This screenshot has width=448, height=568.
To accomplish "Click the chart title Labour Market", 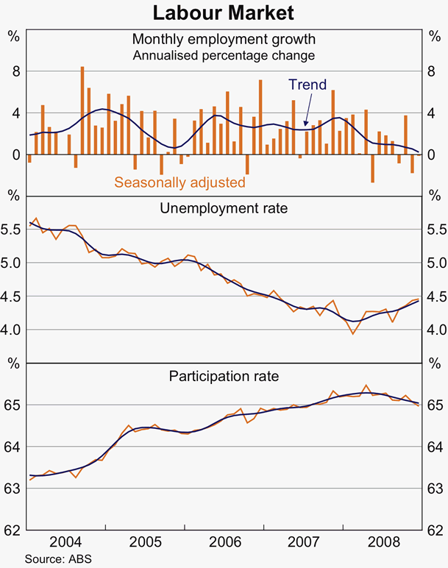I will click(224, 13).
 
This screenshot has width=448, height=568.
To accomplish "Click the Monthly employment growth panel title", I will click(224, 39).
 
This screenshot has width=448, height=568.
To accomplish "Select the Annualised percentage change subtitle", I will click(224, 55).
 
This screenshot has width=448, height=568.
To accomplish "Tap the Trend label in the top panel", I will click(307, 85).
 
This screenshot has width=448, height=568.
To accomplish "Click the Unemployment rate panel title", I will click(224, 208).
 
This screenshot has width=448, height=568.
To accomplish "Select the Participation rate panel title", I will click(224, 377).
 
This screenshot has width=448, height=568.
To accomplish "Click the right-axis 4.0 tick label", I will click(435, 330).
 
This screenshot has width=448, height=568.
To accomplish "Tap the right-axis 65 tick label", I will click(435, 405).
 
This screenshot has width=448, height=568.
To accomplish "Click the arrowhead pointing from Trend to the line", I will click(306, 124).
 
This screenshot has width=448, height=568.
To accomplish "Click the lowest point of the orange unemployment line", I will click(353, 333).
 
